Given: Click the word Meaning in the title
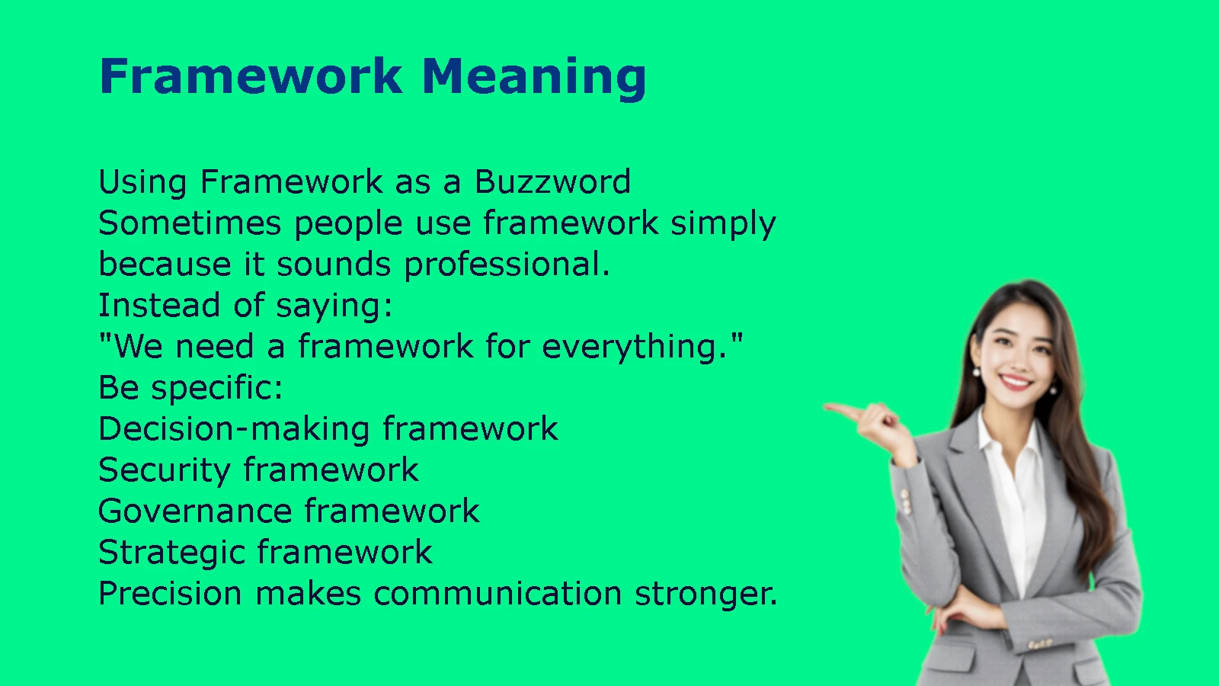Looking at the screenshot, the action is (x=534, y=78).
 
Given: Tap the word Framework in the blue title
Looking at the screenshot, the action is (x=251, y=75).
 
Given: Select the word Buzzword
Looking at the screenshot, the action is (x=553, y=181).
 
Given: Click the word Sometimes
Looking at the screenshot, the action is (x=190, y=223).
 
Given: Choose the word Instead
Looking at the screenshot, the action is (x=159, y=305).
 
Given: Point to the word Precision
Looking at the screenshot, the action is (x=171, y=593).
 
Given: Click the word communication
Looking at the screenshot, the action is (x=498, y=593).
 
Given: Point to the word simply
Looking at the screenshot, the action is (x=723, y=224).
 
